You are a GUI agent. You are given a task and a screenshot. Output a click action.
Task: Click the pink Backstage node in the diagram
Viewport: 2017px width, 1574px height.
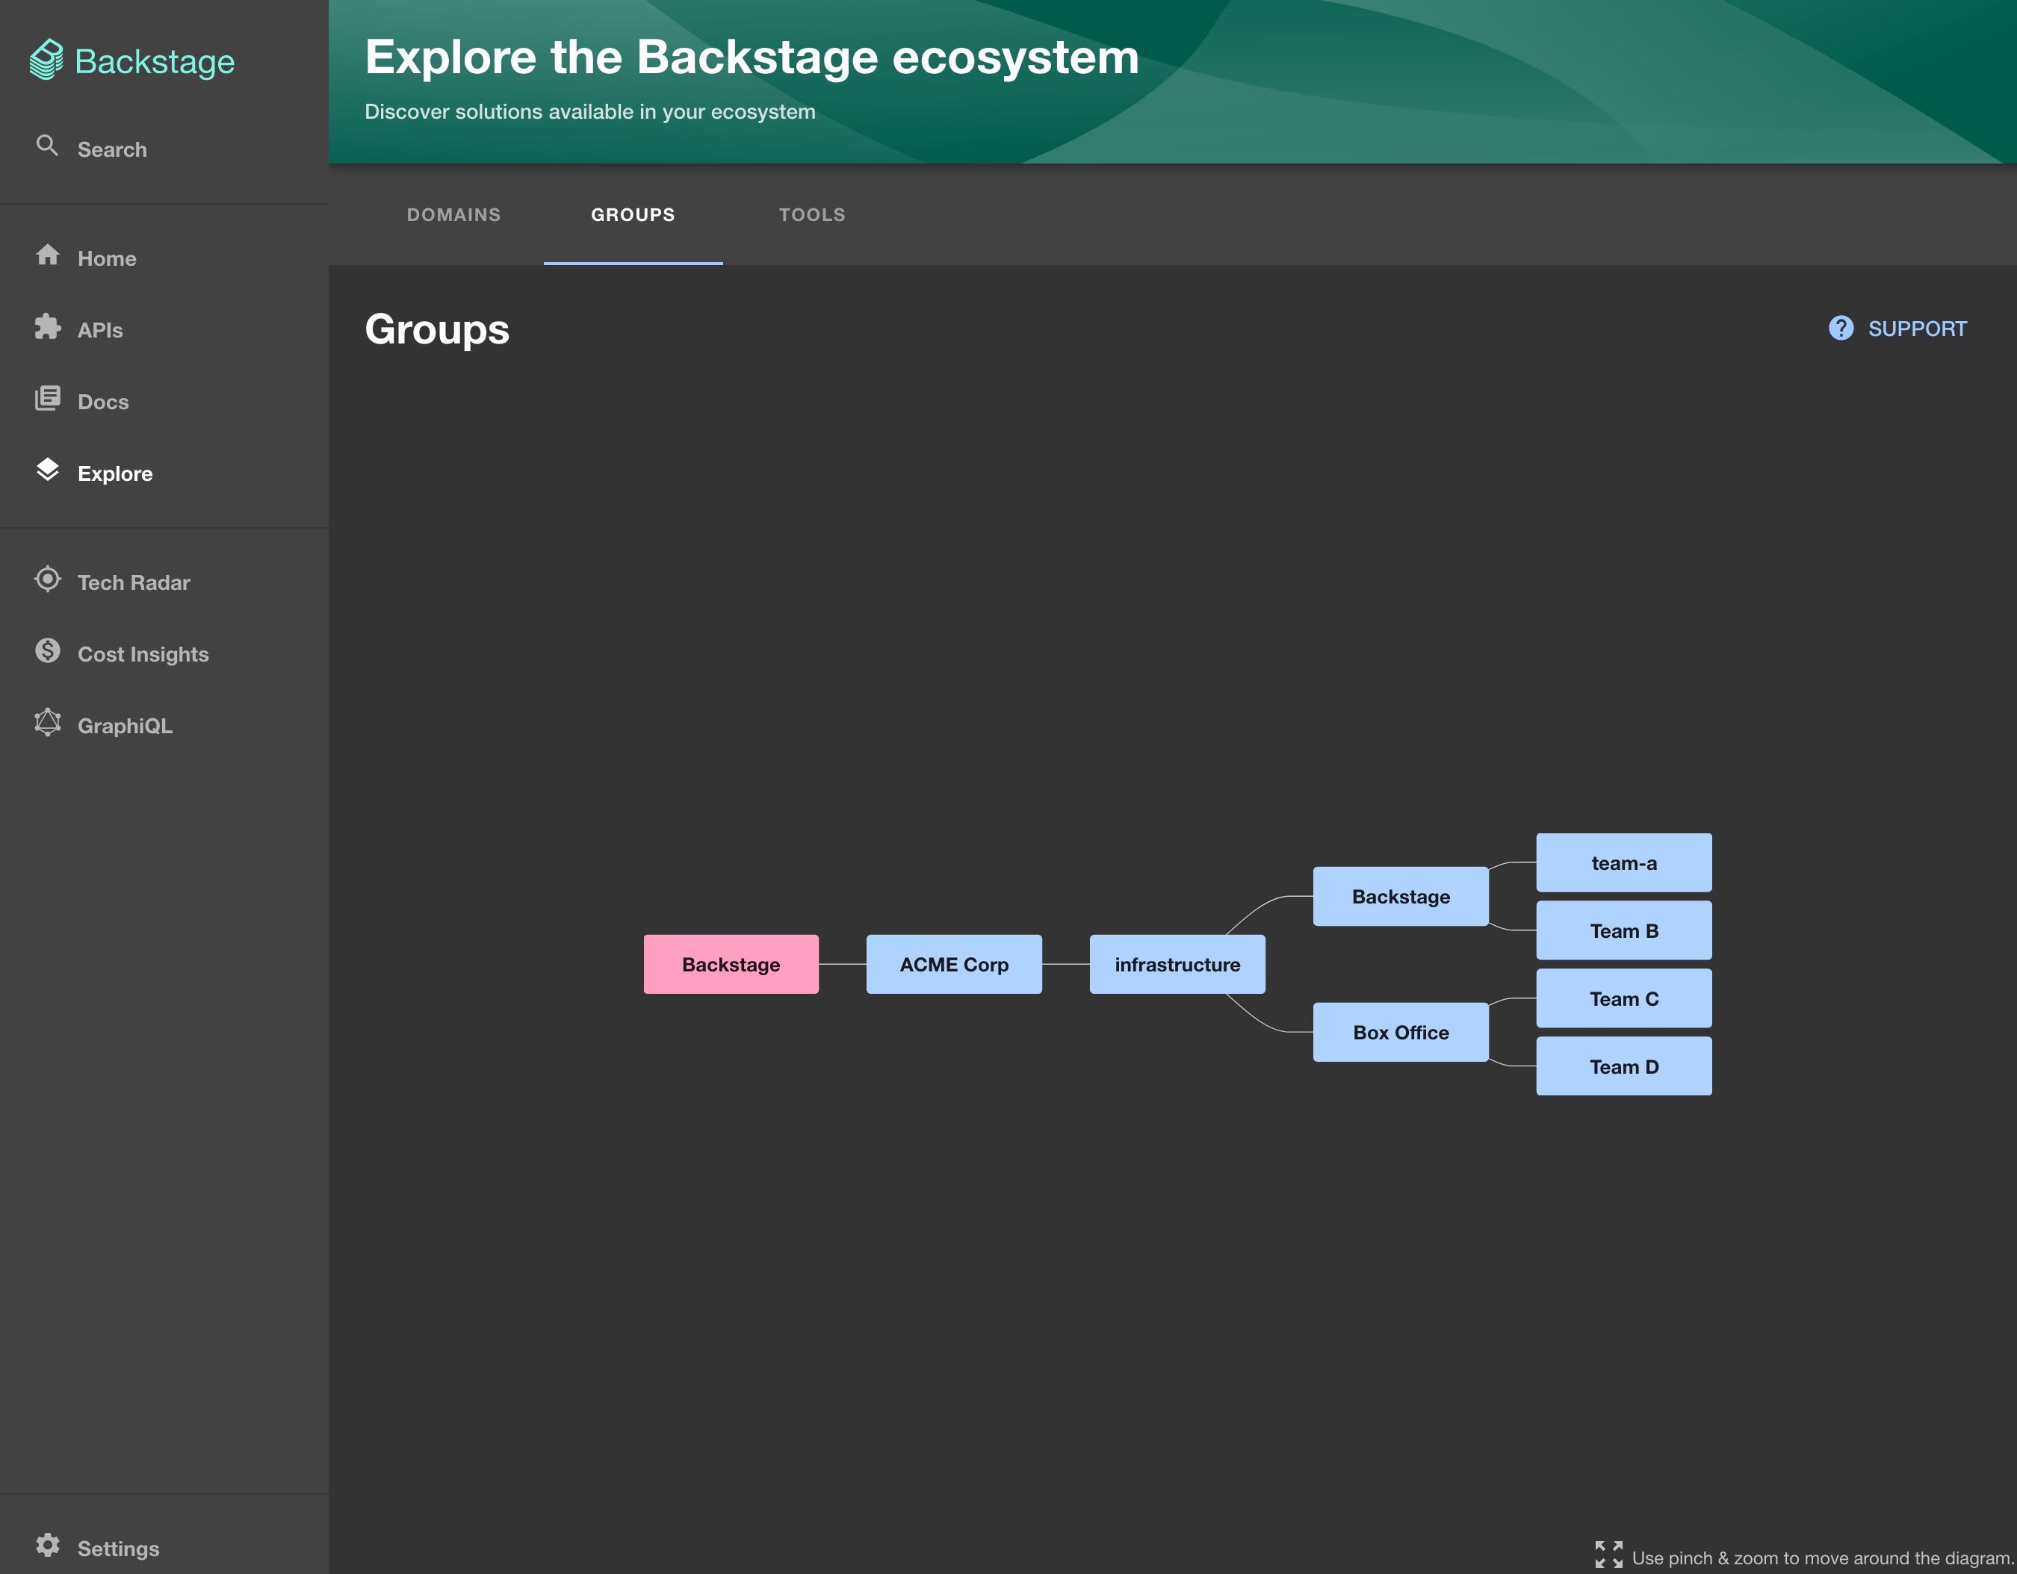click(x=731, y=964)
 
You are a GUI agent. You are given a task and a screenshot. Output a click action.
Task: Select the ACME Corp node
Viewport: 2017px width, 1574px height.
click(x=954, y=964)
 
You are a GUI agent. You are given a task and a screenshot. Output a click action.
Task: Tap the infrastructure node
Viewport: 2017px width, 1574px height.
click(x=1177, y=964)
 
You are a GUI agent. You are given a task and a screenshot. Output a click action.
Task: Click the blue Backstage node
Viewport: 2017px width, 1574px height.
click(x=1401, y=897)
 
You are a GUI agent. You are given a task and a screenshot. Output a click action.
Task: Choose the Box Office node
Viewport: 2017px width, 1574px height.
click(x=1401, y=1032)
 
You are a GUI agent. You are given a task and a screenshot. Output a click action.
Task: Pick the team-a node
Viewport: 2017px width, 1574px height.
click(x=1623, y=862)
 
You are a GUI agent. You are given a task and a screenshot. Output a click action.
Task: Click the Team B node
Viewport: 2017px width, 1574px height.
click(x=1623, y=930)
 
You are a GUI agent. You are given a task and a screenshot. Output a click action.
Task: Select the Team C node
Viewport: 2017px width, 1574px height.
click(x=1623, y=998)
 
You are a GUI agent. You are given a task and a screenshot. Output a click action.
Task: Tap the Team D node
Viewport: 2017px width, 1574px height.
click(x=1623, y=1066)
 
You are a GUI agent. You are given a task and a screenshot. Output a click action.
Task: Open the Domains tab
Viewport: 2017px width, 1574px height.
click(x=453, y=215)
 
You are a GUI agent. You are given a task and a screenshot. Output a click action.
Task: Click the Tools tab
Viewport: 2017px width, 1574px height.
click(x=812, y=215)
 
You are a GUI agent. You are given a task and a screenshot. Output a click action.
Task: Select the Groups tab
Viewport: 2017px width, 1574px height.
click(x=633, y=215)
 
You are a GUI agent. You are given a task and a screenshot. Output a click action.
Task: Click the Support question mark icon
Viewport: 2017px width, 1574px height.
click(x=1841, y=329)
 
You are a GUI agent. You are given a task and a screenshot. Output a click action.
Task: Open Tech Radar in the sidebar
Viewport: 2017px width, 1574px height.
click(x=134, y=582)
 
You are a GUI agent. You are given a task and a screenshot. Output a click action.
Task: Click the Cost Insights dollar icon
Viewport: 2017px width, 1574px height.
click(x=48, y=651)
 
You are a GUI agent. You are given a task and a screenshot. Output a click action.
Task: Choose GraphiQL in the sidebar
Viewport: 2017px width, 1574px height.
click(x=125, y=726)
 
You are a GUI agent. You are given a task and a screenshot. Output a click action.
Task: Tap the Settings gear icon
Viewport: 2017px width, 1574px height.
click(x=48, y=1546)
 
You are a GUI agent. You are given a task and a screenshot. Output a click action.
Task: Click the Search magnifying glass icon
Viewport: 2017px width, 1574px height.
click(x=47, y=146)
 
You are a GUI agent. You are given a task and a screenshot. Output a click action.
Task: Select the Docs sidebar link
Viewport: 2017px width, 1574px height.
click(x=103, y=402)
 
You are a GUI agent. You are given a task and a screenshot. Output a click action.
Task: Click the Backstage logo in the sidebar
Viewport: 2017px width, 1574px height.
click(x=132, y=61)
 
